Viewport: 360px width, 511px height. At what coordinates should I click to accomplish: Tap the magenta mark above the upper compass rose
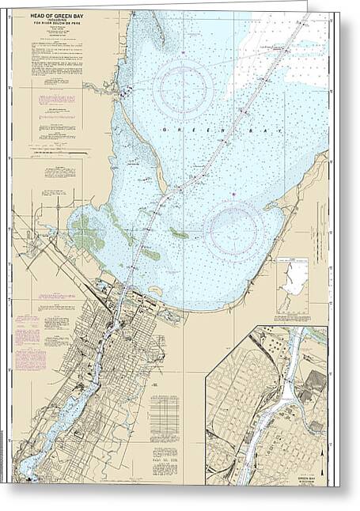[183, 52]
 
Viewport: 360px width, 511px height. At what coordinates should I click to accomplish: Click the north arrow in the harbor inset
[323, 462]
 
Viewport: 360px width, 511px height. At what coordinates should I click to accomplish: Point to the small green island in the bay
[180, 233]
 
